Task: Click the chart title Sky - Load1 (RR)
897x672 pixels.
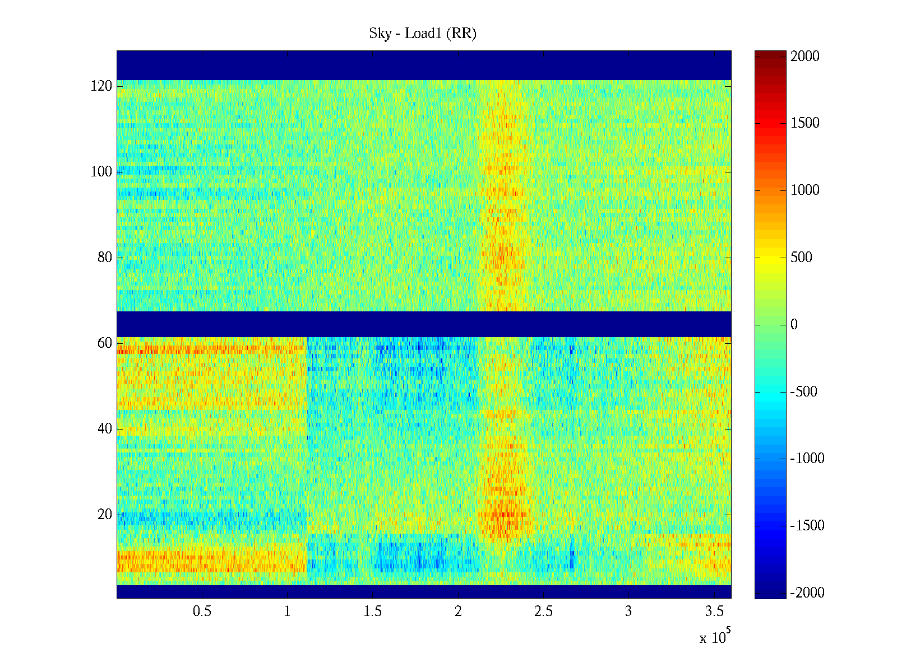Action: pos(422,34)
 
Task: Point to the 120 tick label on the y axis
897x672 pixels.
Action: pos(101,86)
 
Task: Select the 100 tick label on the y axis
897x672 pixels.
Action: pos(101,172)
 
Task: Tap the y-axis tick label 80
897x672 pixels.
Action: pos(105,258)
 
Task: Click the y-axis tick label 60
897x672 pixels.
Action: pos(105,343)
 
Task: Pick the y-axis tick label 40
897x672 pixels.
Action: pos(105,429)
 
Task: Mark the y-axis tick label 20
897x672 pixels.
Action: pos(105,515)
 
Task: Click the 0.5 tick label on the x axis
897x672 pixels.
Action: pos(202,612)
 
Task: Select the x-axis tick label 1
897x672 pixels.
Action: pos(287,612)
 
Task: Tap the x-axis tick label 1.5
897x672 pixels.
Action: pos(372,612)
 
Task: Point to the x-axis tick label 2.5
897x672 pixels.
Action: pos(543,612)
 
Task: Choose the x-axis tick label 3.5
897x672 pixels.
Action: pos(714,612)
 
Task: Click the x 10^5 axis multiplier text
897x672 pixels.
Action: pos(715,637)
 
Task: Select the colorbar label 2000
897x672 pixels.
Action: pos(805,56)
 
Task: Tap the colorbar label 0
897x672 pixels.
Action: pos(794,325)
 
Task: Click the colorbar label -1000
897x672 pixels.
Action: pos(807,459)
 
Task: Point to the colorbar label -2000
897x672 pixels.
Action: pos(807,593)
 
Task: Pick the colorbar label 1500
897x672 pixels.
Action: pos(805,123)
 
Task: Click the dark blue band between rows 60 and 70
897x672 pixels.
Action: pos(424,324)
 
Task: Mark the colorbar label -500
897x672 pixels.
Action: pos(803,391)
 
